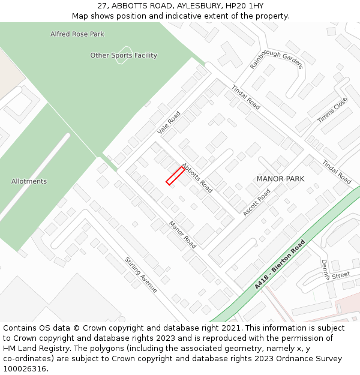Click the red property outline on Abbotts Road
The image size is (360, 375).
pos(175,175)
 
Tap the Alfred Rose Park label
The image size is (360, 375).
pos(77,34)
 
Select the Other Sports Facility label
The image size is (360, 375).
pos(124,55)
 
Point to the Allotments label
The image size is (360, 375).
pos(29,181)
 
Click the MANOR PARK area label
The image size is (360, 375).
pos(280,179)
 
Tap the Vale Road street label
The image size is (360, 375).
pos(169,122)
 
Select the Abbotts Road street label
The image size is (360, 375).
pos(197,178)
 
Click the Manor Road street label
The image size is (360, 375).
pos(182,235)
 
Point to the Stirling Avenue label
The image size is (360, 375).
pos(141,275)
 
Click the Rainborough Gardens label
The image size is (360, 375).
pos(276,58)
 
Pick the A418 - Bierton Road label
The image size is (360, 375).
pos(280,265)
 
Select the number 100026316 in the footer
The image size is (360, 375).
pos(26,368)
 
